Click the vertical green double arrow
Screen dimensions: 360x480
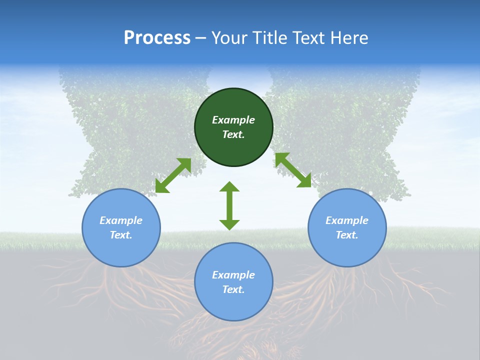229,205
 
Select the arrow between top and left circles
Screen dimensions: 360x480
173,175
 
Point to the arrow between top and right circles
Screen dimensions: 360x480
293,170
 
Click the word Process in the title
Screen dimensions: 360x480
157,38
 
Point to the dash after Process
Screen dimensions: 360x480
200,38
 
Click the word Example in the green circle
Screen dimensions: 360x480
233,120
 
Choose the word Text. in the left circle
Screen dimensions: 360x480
121,235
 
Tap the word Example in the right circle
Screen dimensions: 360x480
347,220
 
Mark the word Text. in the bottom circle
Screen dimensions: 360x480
233,289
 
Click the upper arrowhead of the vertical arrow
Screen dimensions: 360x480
229,187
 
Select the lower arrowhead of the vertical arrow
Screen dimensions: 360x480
229,224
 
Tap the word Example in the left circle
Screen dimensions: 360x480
121,220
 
